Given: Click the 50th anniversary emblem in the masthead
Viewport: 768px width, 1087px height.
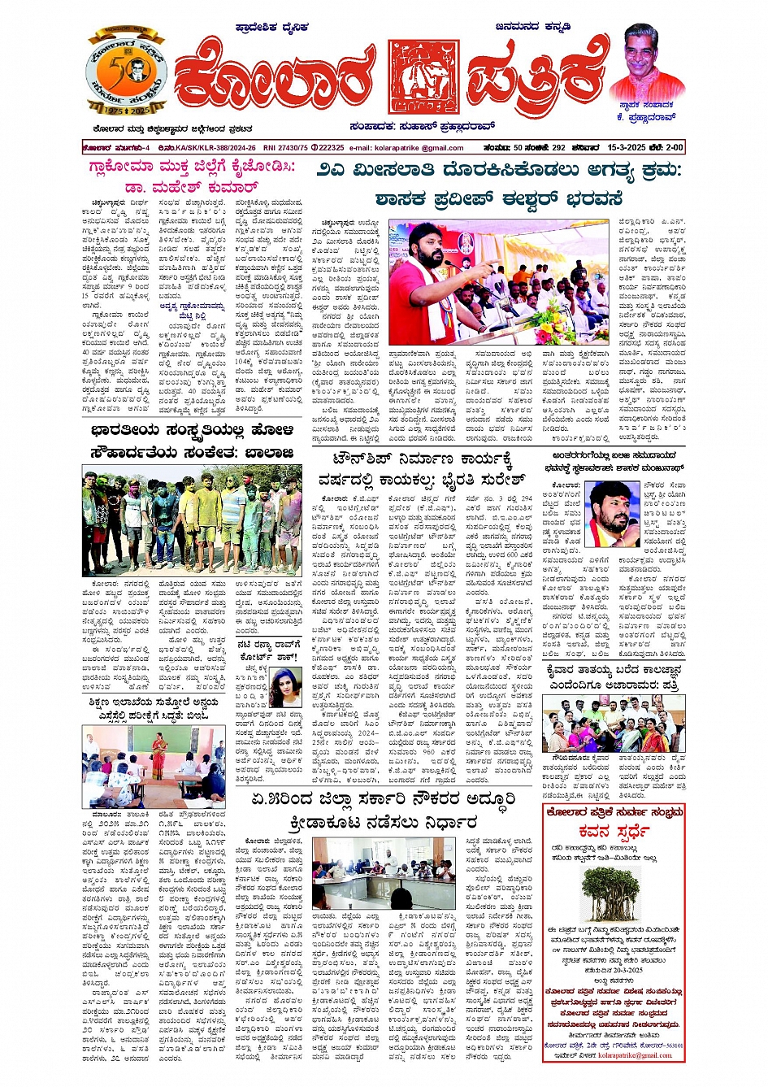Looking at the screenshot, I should click(126, 72).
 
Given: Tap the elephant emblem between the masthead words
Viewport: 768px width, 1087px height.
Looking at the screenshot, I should click(423, 76).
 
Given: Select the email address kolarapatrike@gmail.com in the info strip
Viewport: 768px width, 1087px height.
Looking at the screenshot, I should click(418, 148).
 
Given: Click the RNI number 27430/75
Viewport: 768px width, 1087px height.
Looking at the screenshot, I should click(285, 148).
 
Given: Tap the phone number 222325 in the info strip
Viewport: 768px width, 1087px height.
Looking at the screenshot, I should click(329, 148).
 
